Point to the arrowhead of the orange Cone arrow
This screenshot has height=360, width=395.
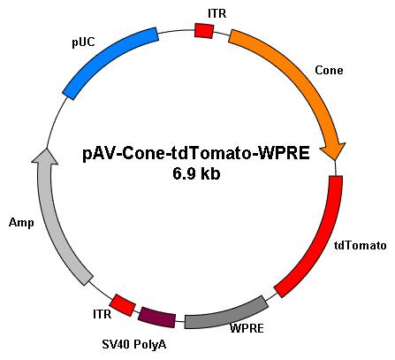(334, 151)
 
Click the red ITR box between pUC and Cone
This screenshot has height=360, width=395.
(204, 31)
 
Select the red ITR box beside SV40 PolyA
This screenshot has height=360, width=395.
(123, 305)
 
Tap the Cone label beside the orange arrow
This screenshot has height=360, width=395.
(329, 71)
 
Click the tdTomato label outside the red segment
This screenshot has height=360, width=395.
(361, 245)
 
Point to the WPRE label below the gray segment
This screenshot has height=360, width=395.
(247, 328)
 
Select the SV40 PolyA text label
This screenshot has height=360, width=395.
(134, 344)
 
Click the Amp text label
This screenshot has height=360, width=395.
(21, 223)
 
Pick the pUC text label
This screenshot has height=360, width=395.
(84, 42)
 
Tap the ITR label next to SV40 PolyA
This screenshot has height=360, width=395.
(103, 314)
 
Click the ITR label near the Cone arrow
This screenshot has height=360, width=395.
(217, 13)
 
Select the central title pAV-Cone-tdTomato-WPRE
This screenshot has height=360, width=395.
(196, 154)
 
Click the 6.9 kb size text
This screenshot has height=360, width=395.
(196, 174)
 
